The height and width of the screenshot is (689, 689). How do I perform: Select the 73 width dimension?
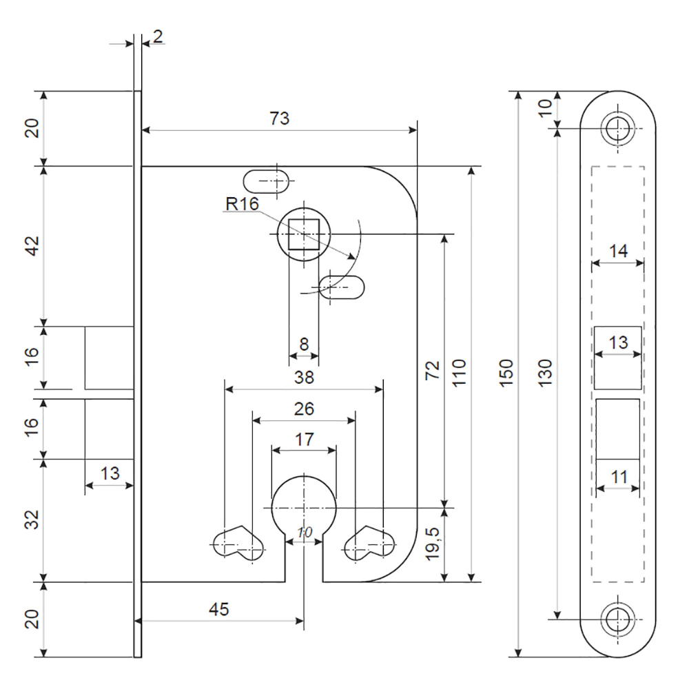pyautogui.click(x=279, y=119)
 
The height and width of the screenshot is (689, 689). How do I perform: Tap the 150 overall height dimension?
pyautogui.click(x=506, y=374)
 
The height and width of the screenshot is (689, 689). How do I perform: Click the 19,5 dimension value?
pyautogui.click(x=433, y=545)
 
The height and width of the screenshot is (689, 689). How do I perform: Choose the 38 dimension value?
pyautogui.click(x=304, y=377)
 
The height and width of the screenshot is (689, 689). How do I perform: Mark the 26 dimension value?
pyautogui.click(x=304, y=409)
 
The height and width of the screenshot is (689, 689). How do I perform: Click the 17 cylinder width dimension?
pyautogui.click(x=305, y=439)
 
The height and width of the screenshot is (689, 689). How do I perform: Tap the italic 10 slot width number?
pyautogui.click(x=305, y=533)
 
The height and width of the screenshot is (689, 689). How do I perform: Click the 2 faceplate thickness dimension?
pyautogui.click(x=158, y=37)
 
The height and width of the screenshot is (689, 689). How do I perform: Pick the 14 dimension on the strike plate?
pyautogui.click(x=619, y=251)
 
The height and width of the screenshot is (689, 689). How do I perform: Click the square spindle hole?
pyautogui.click(x=304, y=234)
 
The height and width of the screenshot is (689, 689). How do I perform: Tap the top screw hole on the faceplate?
pyautogui.click(x=617, y=128)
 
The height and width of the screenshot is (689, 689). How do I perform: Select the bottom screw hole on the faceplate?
pyautogui.click(x=617, y=619)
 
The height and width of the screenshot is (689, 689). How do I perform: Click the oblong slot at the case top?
pyautogui.click(x=266, y=182)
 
